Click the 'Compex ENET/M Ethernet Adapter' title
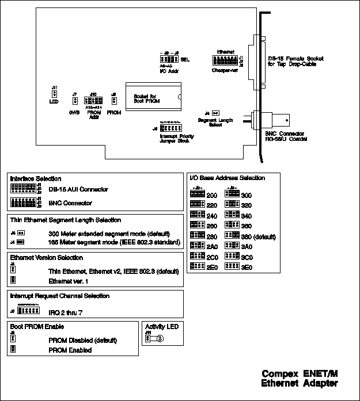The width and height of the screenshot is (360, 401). (300, 378)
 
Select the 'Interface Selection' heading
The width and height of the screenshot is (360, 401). (36, 179)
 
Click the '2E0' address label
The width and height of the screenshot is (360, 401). (213, 267)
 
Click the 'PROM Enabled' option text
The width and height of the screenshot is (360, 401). (70, 350)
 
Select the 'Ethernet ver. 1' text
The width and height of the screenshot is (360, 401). (68, 281)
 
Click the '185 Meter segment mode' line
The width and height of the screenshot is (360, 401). (112, 243)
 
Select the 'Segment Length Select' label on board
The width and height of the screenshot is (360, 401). (211, 123)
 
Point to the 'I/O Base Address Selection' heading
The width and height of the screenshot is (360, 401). (227, 178)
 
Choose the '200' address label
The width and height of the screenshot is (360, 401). (213, 196)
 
